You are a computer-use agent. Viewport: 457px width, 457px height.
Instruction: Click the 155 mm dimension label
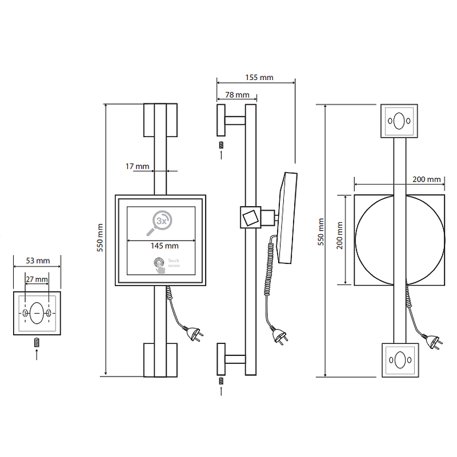point(259,77)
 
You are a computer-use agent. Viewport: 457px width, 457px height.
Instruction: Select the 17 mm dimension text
point(137,166)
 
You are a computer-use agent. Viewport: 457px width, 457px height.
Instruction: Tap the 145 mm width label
point(165,246)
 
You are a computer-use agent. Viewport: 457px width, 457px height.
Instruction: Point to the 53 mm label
point(38,260)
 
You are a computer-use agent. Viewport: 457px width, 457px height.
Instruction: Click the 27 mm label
point(38,279)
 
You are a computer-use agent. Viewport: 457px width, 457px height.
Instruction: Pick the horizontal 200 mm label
point(426,179)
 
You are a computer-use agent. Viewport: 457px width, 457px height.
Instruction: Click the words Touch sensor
point(174,264)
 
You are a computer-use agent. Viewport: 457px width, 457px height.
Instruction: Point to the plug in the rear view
point(434,343)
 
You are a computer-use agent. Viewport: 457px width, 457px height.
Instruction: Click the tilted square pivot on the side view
point(250,217)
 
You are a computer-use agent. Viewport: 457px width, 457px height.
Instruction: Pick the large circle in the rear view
point(399,239)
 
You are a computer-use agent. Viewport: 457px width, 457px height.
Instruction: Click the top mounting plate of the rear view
point(399,121)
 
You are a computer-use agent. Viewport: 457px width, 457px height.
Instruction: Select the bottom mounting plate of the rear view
point(399,360)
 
